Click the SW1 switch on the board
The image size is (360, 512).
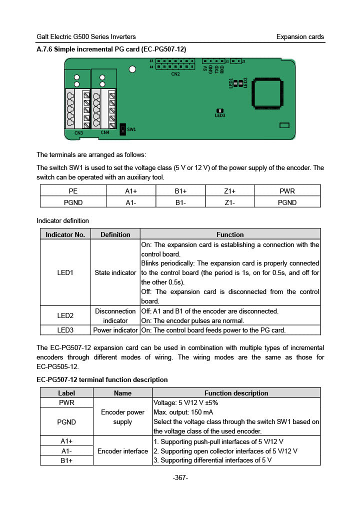click(123, 130)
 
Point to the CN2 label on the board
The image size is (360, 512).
click(175, 74)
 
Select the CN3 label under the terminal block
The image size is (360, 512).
click(78, 133)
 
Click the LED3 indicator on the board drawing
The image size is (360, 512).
click(219, 111)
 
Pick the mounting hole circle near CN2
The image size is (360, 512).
click(132, 69)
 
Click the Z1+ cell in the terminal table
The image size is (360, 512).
click(229, 191)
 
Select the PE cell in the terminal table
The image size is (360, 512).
click(73, 191)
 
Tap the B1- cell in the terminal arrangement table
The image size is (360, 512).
click(180, 202)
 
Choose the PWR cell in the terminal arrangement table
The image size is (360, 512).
click(287, 191)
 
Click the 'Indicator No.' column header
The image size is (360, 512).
click(65, 234)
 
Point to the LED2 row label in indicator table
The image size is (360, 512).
click(65, 315)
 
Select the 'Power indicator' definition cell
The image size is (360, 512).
click(115, 330)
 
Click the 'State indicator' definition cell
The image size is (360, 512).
click(115, 272)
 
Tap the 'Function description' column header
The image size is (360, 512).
click(236, 393)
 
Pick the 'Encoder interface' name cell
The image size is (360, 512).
click(122, 451)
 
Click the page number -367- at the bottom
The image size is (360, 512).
click(180, 478)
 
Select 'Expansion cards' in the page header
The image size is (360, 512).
click(300, 37)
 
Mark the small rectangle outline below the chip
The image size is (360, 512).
click(284, 125)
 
